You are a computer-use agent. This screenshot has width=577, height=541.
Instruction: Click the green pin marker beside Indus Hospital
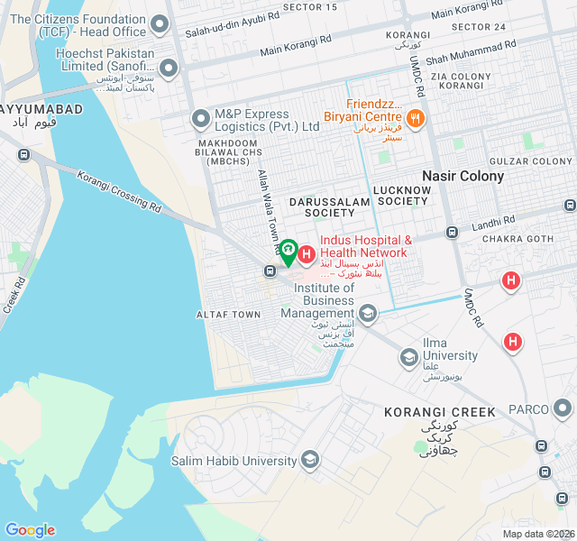[288, 251]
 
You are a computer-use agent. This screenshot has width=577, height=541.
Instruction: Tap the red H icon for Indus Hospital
[307, 256]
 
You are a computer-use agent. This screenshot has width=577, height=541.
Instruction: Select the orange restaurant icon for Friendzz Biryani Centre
[415, 117]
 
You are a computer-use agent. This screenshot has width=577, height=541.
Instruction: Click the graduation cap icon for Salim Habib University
[310, 461]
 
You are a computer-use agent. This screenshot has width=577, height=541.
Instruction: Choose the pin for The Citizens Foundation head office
[160, 25]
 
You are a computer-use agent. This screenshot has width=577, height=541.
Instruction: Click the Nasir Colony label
[463, 176]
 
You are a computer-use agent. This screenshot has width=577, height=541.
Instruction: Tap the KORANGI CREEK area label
[440, 412]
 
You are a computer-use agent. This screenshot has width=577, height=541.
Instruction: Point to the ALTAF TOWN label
[229, 315]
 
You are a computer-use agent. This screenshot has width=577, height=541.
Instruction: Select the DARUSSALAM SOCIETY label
[329, 206]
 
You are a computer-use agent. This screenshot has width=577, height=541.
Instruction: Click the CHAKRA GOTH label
[516, 239]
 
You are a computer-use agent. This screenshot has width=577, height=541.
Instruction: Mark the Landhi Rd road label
[492, 221]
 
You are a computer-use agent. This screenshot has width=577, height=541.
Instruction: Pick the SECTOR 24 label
[479, 27]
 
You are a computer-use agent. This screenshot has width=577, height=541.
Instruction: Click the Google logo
[30, 529]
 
